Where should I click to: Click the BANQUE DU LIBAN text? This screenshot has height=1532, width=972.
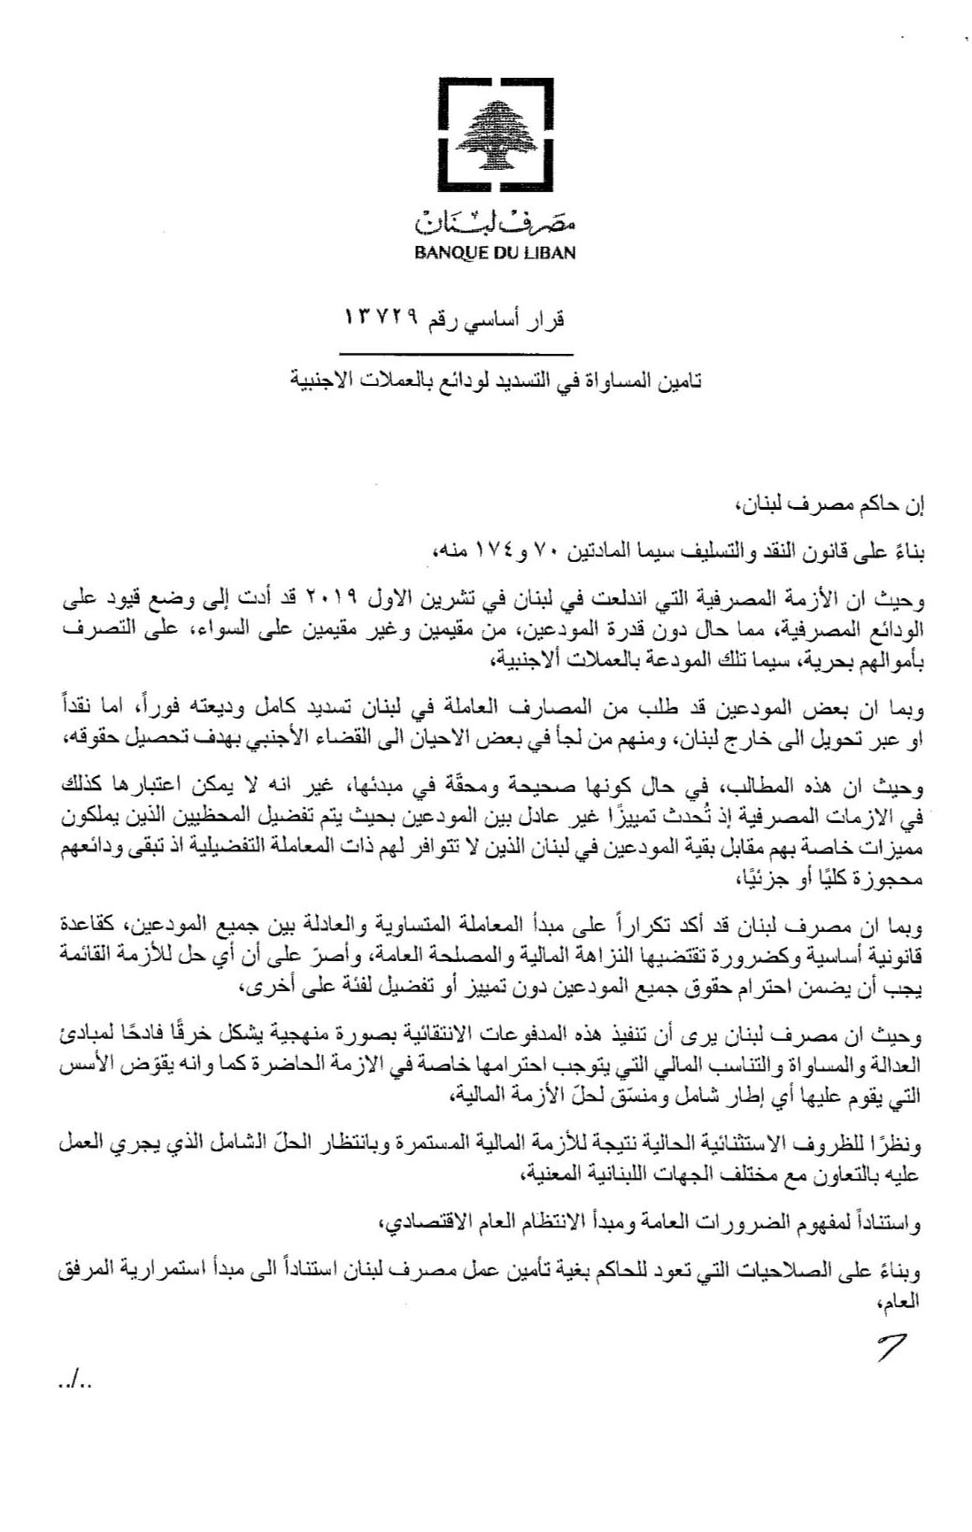pyautogui.click(x=495, y=253)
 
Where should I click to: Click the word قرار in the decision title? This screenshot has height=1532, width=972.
pyautogui.click(x=545, y=319)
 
